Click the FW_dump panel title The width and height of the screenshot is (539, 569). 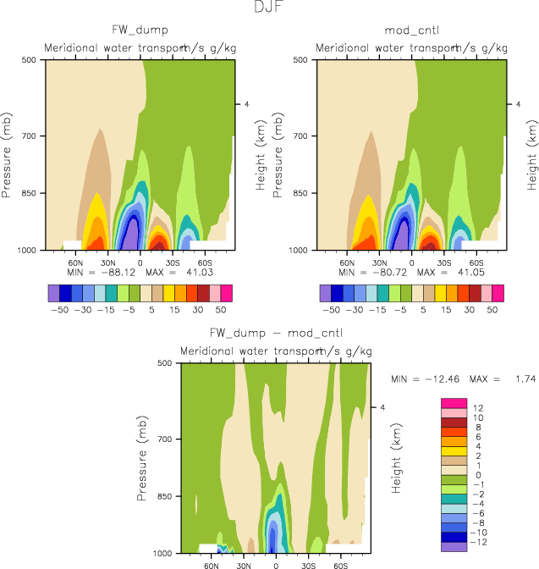point(139,31)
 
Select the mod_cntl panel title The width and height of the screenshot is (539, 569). point(410,31)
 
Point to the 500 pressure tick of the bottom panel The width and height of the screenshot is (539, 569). point(166,363)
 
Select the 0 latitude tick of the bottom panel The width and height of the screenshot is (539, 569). point(276,564)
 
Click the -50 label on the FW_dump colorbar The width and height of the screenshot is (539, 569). point(58,311)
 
